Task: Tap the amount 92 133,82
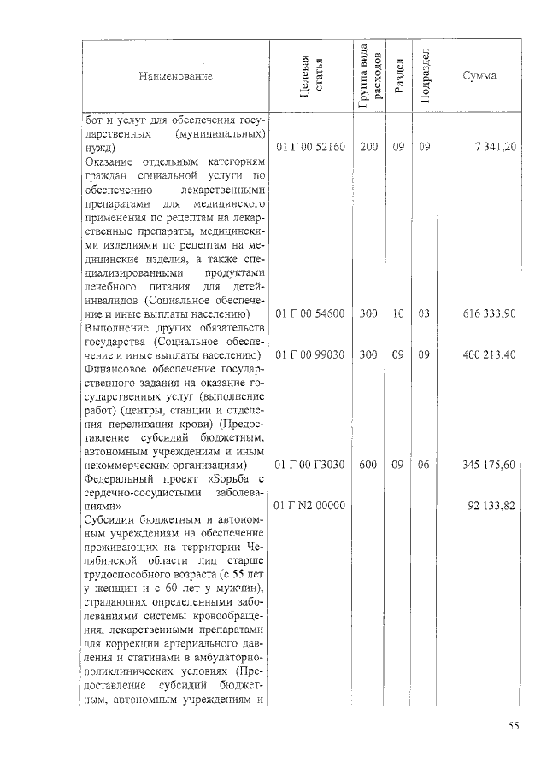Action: (491, 506)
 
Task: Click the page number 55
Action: (514, 727)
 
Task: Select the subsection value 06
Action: (425, 465)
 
